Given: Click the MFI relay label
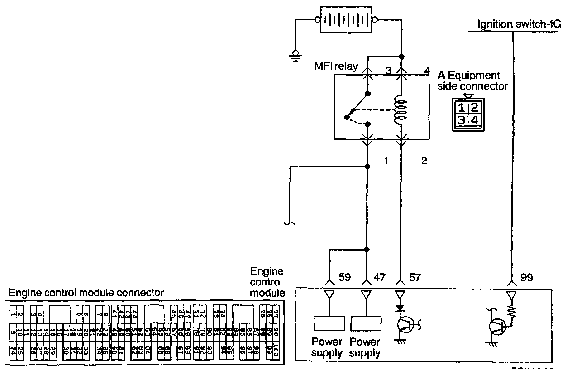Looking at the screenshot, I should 336,67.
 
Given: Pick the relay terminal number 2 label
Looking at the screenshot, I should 424,161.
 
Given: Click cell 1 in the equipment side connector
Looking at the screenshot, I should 461,108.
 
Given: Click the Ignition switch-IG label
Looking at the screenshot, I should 519,24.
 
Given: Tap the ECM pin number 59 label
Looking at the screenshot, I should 345,277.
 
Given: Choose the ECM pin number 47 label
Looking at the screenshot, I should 379,277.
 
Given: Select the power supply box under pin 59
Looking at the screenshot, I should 330,323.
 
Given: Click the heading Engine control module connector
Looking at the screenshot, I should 86,293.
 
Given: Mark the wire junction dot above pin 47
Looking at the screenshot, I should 367,249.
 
